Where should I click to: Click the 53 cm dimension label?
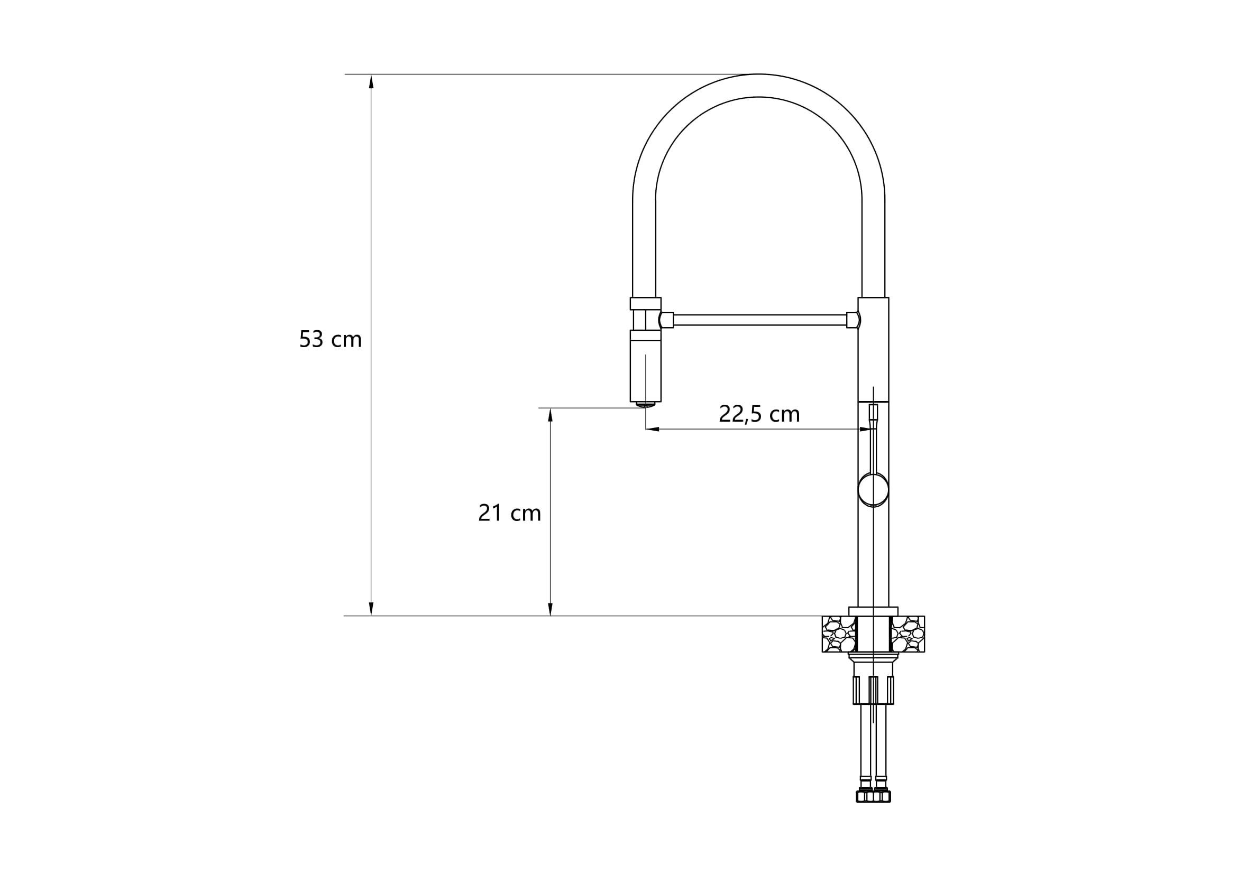click(330, 339)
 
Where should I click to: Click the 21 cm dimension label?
click(510, 513)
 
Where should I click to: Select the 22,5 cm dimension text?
click(759, 414)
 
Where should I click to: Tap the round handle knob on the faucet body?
click(873, 489)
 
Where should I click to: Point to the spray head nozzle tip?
click(645, 404)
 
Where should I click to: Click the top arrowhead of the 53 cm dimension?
click(371, 81)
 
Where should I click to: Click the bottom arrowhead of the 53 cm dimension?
click(371, 608)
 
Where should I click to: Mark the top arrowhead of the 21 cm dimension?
click(550, 415)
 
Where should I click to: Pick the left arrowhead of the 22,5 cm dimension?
click(653, 429)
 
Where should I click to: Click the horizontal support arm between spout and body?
click(760, 320)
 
